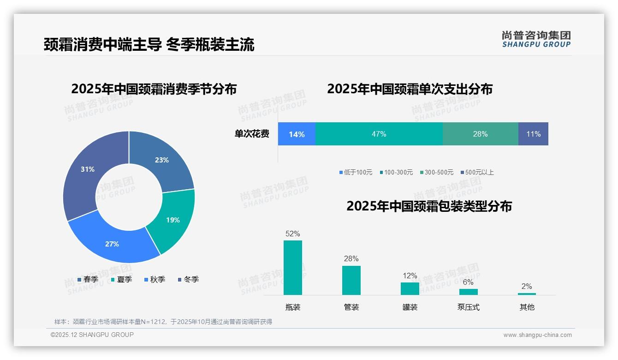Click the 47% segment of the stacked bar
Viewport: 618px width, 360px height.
coord(379,134)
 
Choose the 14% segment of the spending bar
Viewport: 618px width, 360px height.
coord(297,134)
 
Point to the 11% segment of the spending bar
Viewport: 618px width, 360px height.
coord(533,134)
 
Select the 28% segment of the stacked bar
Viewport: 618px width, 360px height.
coord(480,134)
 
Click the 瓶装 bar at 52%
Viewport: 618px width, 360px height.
coord(292,268)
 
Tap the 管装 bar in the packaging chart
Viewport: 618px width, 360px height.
coord(351,280)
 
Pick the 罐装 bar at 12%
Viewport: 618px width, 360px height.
coord(410,288)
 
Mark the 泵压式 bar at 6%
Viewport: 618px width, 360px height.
coord(468,292)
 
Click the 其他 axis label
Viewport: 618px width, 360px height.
coord(527,307)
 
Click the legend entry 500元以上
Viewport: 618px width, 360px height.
coord(479,172)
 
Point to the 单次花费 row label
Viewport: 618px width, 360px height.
coord(252,134)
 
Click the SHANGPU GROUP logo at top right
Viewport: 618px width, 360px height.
coord(536,39)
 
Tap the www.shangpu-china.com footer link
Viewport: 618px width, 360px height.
coord(537,335)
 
